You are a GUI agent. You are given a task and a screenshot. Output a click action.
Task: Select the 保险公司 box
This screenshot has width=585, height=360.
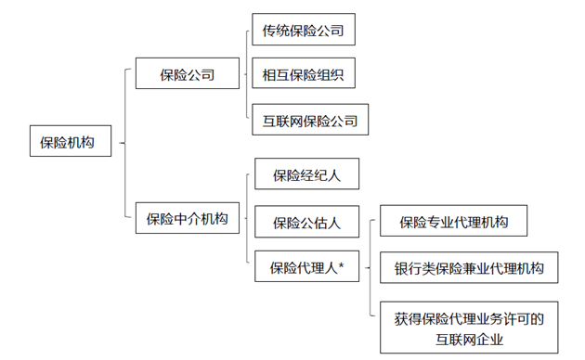point(188,74)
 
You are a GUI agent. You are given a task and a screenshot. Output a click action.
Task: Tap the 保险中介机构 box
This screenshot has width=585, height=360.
point(188,219)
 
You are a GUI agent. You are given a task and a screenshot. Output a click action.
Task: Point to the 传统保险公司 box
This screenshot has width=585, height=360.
point(304,31)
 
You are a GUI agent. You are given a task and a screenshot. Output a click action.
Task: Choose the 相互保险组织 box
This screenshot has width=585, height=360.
point(304,74)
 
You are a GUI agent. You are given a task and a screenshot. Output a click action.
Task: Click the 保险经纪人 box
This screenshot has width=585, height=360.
point(306,174)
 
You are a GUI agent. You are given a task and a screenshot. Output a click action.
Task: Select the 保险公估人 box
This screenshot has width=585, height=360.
point(306,223)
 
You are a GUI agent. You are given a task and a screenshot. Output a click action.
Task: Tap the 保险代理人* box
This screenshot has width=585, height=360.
point(306,268)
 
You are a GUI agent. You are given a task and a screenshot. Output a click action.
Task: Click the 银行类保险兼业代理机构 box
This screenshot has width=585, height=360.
point(468,269)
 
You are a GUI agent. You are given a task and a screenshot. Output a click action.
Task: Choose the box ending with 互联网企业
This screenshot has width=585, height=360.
point(468,328)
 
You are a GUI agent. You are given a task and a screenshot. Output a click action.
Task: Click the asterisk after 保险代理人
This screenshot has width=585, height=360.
point(342,267)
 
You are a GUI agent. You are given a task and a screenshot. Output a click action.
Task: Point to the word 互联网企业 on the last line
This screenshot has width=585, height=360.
point(468,339)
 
